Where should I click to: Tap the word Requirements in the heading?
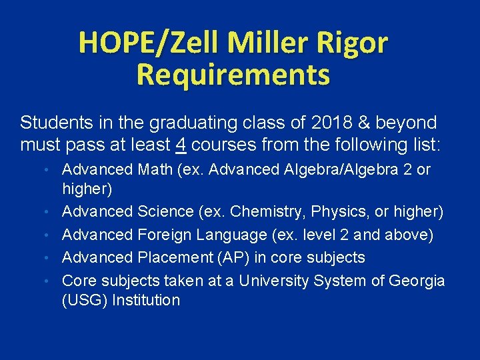coord(233,75)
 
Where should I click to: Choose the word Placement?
coord(175,257)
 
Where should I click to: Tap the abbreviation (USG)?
coord(85,301)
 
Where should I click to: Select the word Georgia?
coord(418,280)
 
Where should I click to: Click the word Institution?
coord(146,301)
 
